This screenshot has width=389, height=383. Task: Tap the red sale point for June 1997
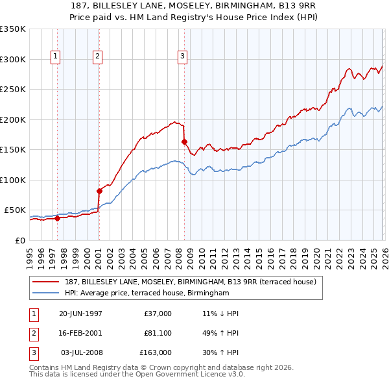pyautogui.click(x=57, y=218)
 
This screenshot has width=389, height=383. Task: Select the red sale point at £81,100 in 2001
pyautogui.click(x=99, y=191)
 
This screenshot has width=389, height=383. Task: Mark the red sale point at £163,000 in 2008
pyautogui.click(x=184, y=142)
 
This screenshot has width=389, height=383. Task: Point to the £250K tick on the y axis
pyautogui.click(x=13, y=90)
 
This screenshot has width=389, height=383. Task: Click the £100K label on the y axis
pyautogui.click(x=13, y=180)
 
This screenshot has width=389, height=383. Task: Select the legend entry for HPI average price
pyautogui.click(x=147, y=293)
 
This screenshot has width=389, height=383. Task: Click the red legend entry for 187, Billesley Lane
pyautogui.click(x=190, y=282)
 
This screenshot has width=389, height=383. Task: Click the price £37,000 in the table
pyautogui.click(x=158, y=314)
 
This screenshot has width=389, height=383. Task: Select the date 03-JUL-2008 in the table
pyautogui.click(x=82, y=352)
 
